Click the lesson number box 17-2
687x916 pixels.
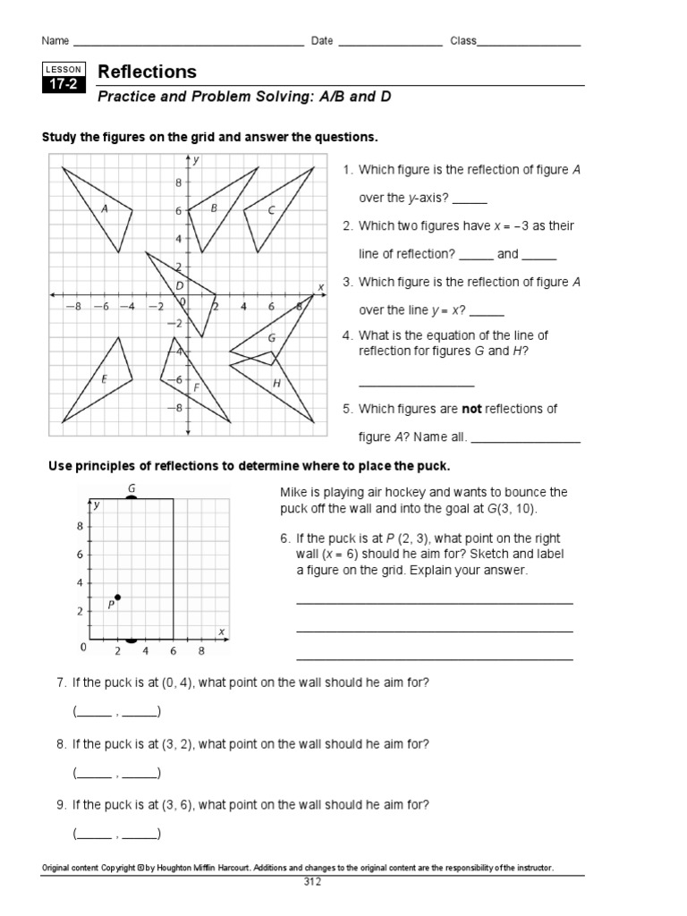pyautogui.click(x=63, y=86)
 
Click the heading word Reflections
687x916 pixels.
pyautogui.click(x=147, y=72)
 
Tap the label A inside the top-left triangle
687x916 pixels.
pyautogui.click(x=105, y=209)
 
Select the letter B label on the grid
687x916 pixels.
pyautogui.click(x=214, y=208)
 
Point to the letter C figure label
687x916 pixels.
pyautogui.click(x=271, y=209)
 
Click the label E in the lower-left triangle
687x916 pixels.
pyautogui.click(x=104, y=379)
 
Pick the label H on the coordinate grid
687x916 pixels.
pyautogui.click(x=276, y=383)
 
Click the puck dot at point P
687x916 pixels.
pyautogui.click(x=117, y=597)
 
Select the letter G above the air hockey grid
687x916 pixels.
pyautogui.click(x=131, y=488)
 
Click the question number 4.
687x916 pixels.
pyautogui.click(x=348, y=335)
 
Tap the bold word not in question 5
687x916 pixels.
pyautogui.click(x=471, y=409)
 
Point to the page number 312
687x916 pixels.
pyautogui.click(x=312, y=881)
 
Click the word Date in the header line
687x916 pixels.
pyautogui.click(x=322, y=41)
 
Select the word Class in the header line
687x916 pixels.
pyautogui.click(x=463, y=41)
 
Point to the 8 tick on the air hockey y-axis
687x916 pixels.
pyautogui.click(x=81, y=526)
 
